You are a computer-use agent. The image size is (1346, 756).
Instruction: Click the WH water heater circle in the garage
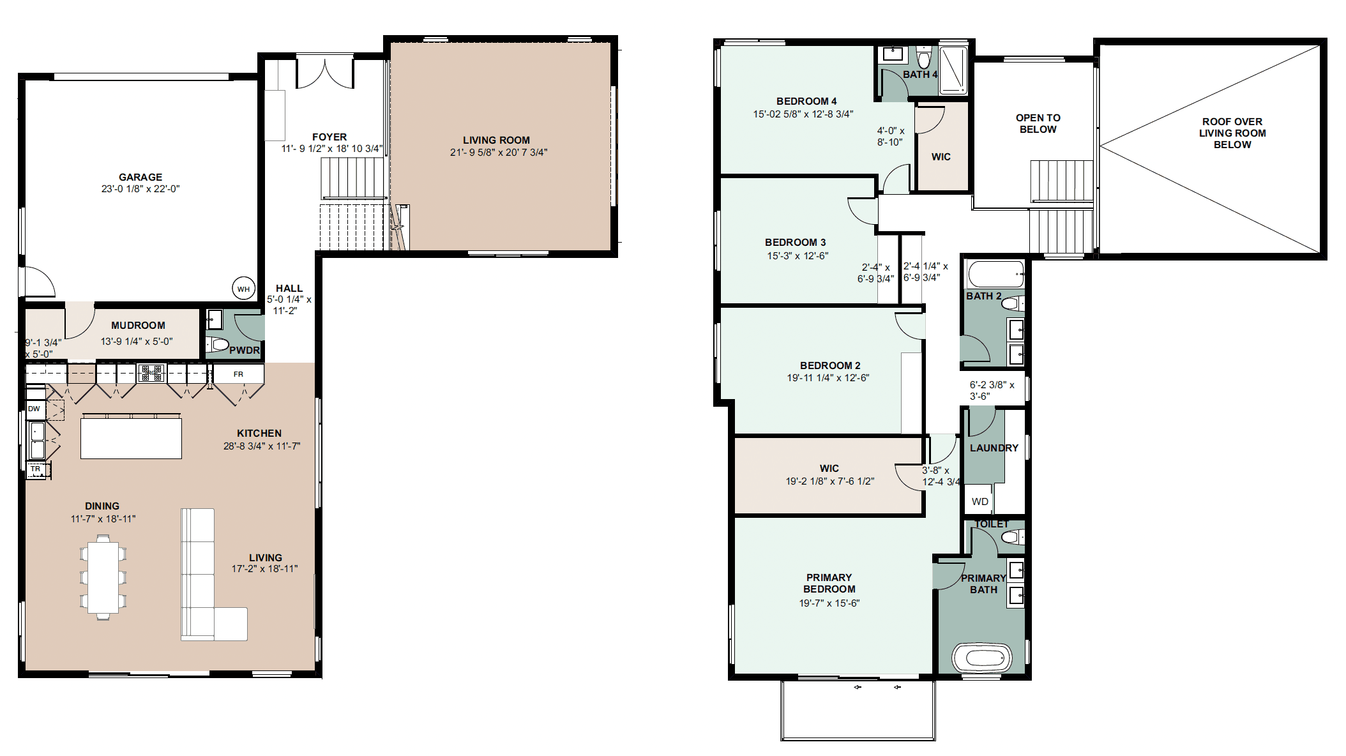point(243,289)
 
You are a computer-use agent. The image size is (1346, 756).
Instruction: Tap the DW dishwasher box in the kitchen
point(35,409)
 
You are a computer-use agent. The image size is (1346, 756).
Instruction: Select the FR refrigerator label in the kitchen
point(238,374)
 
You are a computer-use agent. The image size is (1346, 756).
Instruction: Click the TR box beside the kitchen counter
point(36,469)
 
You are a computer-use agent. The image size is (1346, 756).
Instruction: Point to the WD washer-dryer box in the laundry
point(980,501)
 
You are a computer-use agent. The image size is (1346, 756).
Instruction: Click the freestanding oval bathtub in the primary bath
point(982,658)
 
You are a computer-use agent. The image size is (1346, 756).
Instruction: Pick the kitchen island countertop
point(131,437)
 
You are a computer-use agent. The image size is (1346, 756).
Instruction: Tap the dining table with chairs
point(103,577)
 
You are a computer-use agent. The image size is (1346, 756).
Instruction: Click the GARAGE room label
point(140,177)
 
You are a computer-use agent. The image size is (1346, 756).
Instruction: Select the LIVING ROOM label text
point(496,140)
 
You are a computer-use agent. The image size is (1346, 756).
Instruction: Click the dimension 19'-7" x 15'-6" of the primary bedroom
point(829,603)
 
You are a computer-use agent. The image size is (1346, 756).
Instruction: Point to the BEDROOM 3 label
point(796,242)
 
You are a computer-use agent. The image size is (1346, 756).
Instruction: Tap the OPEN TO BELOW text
point(1038,123)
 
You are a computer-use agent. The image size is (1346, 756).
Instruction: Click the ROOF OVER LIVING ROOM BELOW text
point(1232,133)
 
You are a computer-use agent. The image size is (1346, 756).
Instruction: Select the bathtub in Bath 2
point(995,274)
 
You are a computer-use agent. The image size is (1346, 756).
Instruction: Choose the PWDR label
point(245,350)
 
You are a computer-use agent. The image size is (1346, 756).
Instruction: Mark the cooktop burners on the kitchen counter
point(152,372)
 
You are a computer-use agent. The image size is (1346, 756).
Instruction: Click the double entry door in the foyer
point(325,73)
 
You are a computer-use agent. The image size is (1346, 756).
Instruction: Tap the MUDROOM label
point(138,325)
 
